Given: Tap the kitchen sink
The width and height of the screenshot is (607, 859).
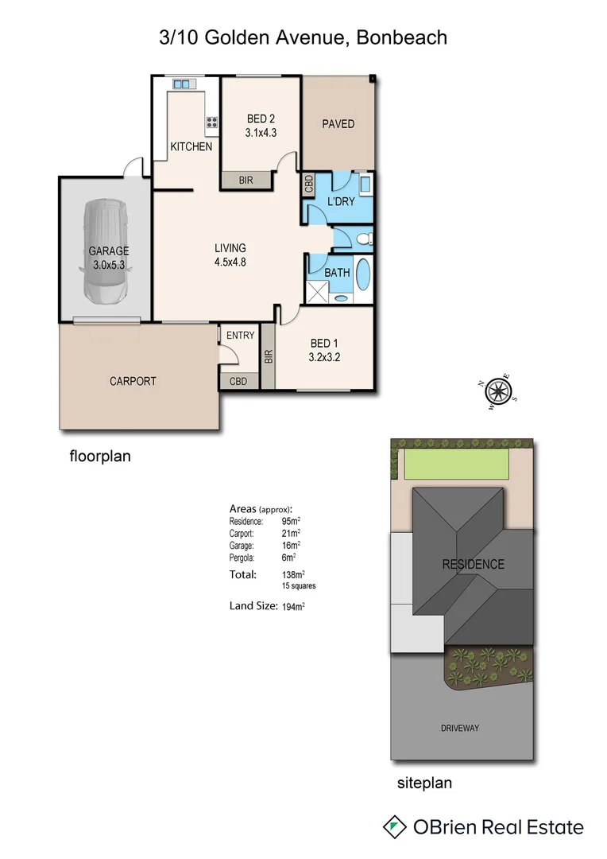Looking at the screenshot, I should [182, 83].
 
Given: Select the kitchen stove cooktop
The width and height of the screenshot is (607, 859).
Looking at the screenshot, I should [212, 122].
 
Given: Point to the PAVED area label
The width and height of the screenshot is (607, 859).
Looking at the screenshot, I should [338, 124].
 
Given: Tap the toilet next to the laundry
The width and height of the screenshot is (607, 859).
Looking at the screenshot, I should [363, 238].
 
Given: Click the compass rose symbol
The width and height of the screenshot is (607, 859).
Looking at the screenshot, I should [498, 391].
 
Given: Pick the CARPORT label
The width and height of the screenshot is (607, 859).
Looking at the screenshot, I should [133, 381].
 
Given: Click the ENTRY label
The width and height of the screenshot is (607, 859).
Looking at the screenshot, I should [240, 336].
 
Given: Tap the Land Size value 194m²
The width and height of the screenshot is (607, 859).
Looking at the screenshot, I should [293, 606].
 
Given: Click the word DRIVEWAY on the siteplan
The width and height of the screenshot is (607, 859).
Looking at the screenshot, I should [460, 728].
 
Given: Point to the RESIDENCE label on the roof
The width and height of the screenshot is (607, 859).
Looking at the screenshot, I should [473, 565].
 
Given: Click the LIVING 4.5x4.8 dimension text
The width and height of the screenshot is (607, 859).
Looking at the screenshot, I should [230, 262].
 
